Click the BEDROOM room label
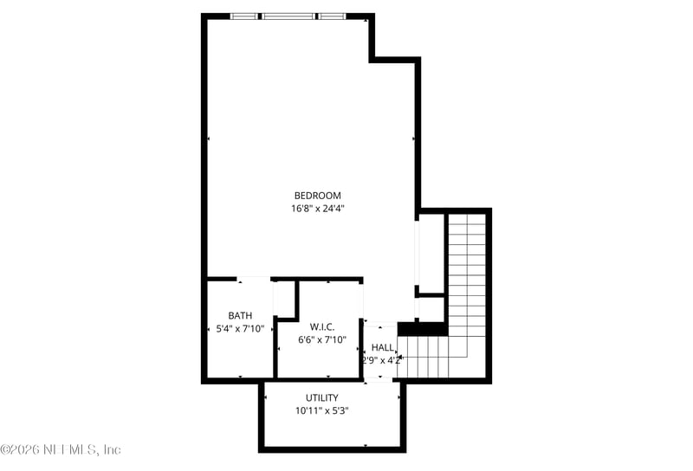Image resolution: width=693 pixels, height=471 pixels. pyautogui.click(x=317, y=195)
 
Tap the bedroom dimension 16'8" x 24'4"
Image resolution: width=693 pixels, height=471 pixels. pyautogui.click(x=317, y=208)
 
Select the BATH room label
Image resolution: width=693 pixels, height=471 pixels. pyautogui.click(x=240, y=315)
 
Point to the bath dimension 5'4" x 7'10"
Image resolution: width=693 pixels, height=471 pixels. pyautogui.click(x=240, y=328)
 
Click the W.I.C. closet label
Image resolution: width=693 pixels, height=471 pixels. pyautogui.click(x=322, y=326)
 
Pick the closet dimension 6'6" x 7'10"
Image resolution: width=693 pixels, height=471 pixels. pyautogui.click(x=322, y=339)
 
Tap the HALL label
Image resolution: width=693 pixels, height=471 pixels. pyautogui.click(x=383, y=347)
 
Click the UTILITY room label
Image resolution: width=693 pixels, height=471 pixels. pyautogui.click(x=321, y=397)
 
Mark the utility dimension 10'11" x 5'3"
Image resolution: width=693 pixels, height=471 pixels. pyautogui.click(x=321, y=410)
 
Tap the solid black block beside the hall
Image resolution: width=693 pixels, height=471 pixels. pyautogui.click(x=421, y=328)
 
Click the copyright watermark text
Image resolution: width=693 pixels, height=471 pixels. pyautogui.click(x=61, y=449)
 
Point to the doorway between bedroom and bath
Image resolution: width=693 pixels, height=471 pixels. pyautogui.click(x=254, y=279)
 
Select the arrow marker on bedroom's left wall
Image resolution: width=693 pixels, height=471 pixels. pyautogui.click(x=209, y=138)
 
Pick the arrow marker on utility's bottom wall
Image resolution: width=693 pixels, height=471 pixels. pyautogui.click(x=366, y=446)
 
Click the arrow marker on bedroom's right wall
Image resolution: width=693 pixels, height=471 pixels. pyautogui.click(x=414, y=138)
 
